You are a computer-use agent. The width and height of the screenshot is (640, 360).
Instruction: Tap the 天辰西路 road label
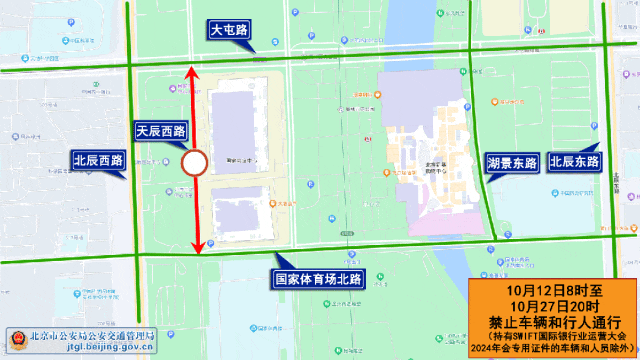coord(161,130)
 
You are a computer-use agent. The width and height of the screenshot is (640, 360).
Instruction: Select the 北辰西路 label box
coord(97,160)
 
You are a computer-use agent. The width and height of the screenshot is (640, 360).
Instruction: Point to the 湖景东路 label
coord(511,161)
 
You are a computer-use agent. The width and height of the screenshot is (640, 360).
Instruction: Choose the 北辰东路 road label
coord(574,160)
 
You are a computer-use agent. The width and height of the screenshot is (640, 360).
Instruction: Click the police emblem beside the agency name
coord(16,337)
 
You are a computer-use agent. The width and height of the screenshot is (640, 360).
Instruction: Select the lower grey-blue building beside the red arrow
coord(240,215)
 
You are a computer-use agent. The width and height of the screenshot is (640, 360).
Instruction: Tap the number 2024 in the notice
coord(487,349)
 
